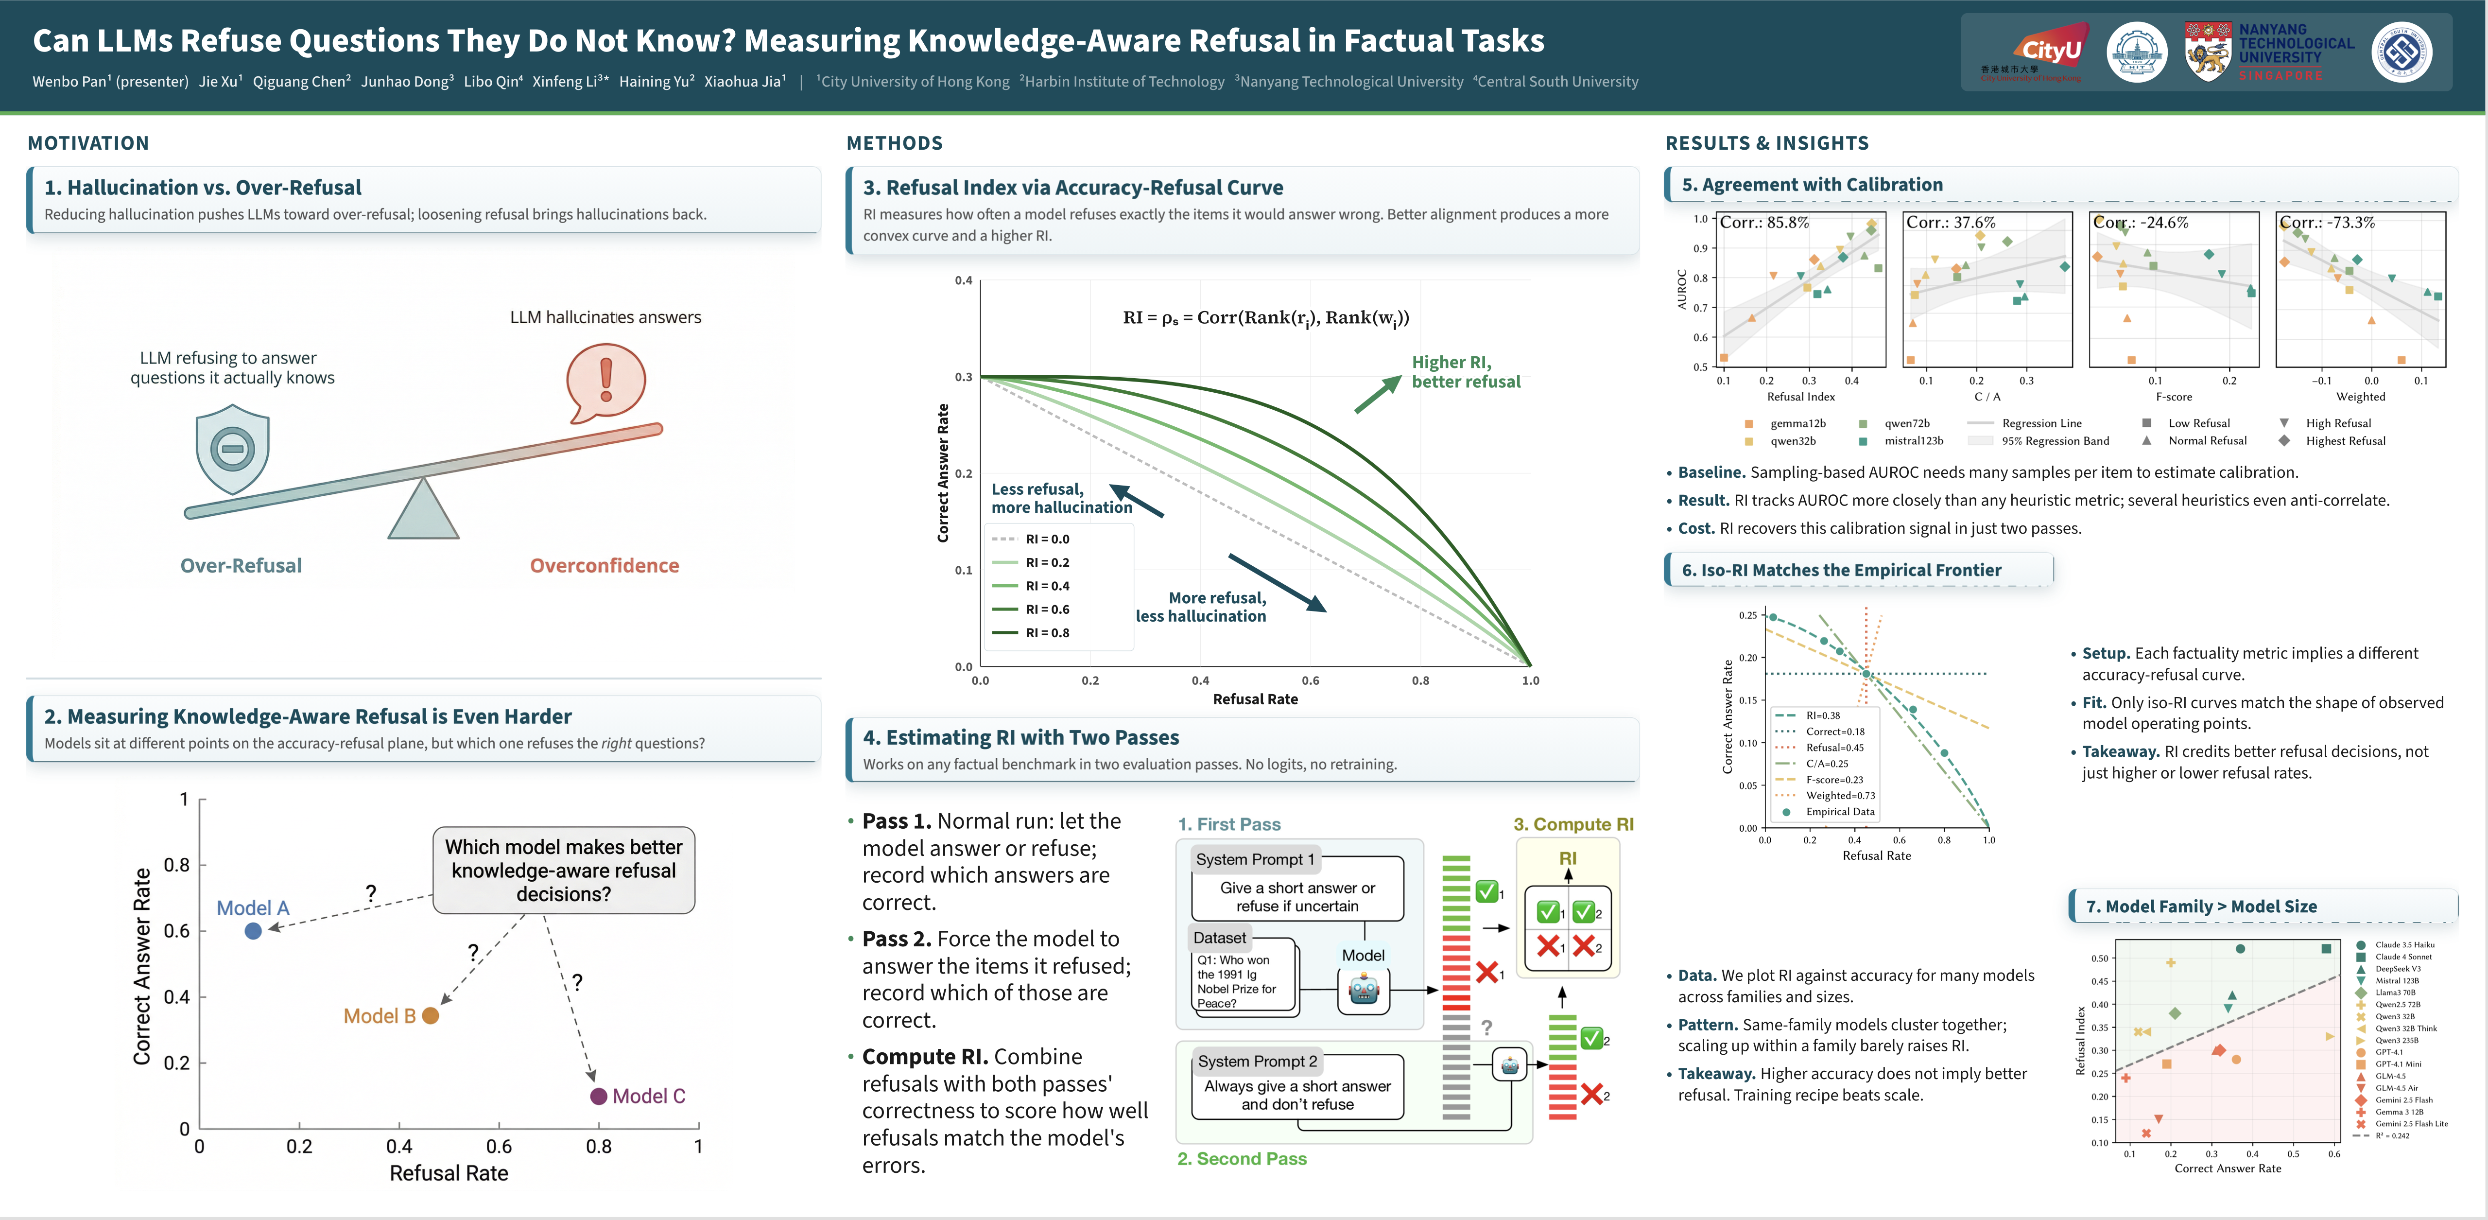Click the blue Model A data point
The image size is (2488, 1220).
253,931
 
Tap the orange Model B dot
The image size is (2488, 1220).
431,1015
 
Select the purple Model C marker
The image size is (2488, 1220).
599,1096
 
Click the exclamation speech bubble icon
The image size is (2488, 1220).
605,383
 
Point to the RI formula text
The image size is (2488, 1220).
1265,318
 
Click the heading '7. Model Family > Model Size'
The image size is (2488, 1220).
2201,906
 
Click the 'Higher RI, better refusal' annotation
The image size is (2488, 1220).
1465,372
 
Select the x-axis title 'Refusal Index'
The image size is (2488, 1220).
1800,397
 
